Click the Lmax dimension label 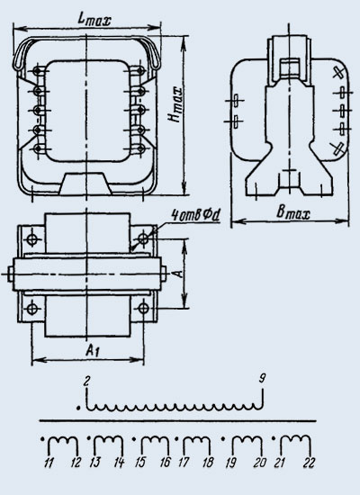(x=94, y=19)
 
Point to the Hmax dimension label (x=175, y=104)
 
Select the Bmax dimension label (x=293, y=212)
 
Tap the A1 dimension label (x=92, y=351)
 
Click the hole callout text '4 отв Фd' (x=195, y=215)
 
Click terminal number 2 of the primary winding (x=85, y=382)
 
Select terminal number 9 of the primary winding (x=263, y=378)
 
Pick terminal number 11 (x=49, y=463)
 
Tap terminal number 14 (x=119, y=463)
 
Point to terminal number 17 (x=184, y=463)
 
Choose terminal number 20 (x=259, y=463)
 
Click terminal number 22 (x=309, y=463)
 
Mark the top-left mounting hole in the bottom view (x=31, y=239)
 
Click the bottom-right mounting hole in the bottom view (x=143, y=308)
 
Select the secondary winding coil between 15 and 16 (x=155, y=445)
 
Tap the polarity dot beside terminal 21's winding (x=274, y=438)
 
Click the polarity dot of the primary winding (x=78, y=408)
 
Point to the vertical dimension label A (x=179, y=273)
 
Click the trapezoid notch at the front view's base (x=85, y=183)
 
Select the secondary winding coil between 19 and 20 (x=247, y=445)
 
